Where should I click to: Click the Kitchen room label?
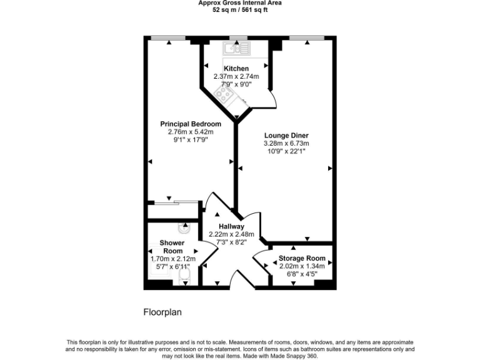pyautogui.click(x=236, y=69)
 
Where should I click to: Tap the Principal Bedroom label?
pyautogui.click(x=191, y=124)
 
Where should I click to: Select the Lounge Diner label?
pyautogui.click(x=286, y=135)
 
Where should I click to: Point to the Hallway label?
pyautogui.click(x=231, y=226)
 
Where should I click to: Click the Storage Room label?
pyautogui.click(x=302, y=258)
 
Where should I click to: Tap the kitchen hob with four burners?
pyautogui.click(x=224, y=94)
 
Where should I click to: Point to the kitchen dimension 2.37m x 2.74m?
pyautogui.click(x=236, y=77)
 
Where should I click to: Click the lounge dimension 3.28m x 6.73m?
pyautogui.click(x=286, y=143)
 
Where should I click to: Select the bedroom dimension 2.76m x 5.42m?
pyautogui.click(x=191, y=132)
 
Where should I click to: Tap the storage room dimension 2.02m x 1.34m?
pyautogui.click(x=302, y=266)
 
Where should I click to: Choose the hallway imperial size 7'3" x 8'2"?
pyautogui.click(x=231, y=242)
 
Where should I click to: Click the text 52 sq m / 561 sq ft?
pyautogui.click(x=239, y=11)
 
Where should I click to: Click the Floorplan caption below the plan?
pyautogui.click(x=162, y=311)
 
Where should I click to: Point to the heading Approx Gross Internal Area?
pyautogui.click(x=239, y=3)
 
